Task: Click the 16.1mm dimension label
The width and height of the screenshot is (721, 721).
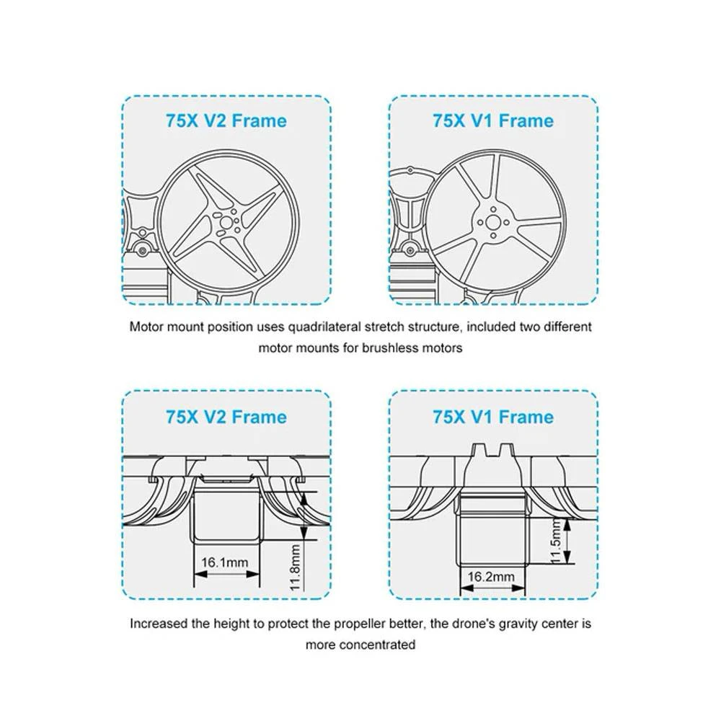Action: [x=224, y=562]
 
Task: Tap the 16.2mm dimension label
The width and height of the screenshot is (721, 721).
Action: [x=491, y=577]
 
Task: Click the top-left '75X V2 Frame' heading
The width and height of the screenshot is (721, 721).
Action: [x=226, y=120]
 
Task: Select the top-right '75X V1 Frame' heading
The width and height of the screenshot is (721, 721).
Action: [x=493, y=120]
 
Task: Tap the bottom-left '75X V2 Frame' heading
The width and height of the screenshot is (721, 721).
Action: [x=226, y=417]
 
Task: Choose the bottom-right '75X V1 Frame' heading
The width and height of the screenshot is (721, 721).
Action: [x=493, y=417]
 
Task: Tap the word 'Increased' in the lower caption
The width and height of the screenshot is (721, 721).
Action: [x=156, y=623]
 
